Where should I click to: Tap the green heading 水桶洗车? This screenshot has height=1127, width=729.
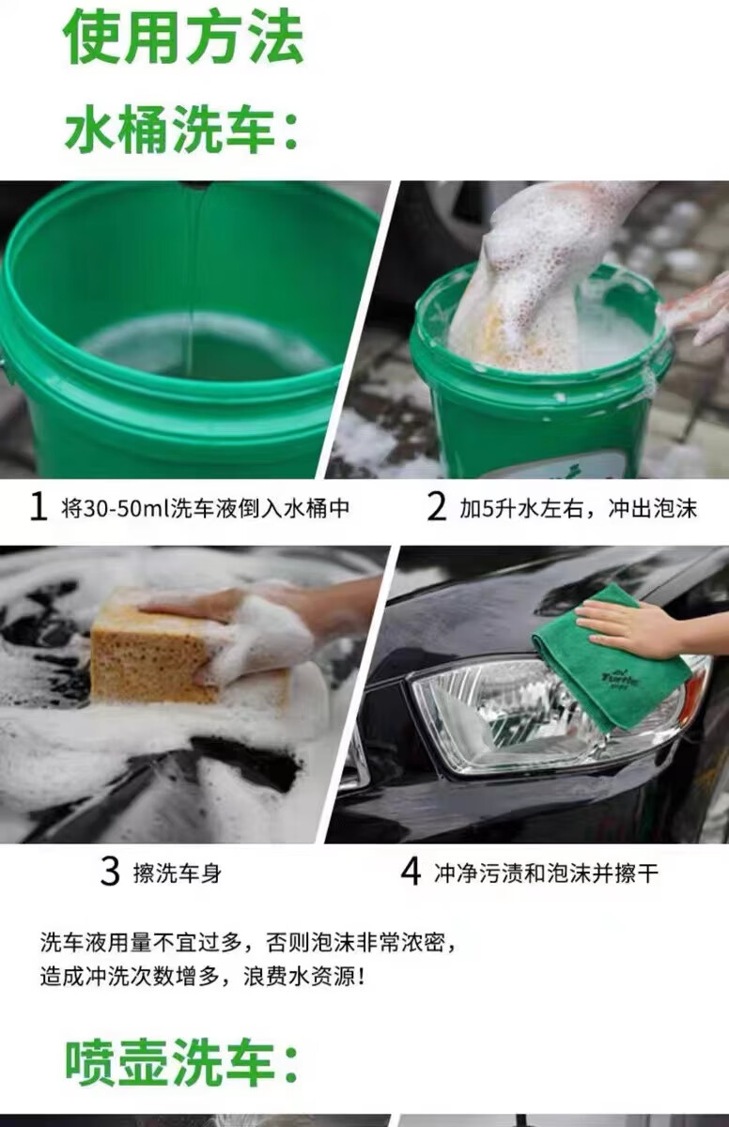click(182, 131)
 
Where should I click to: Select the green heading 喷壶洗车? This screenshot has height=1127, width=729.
click(182, 1063)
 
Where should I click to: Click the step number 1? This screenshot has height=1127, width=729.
click(39, 507)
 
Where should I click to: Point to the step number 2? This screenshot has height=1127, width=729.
click(436, 507)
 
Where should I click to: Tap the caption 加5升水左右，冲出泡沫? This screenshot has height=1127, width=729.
click(578, 509)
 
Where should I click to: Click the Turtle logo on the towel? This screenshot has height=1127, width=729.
click(620, 678)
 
